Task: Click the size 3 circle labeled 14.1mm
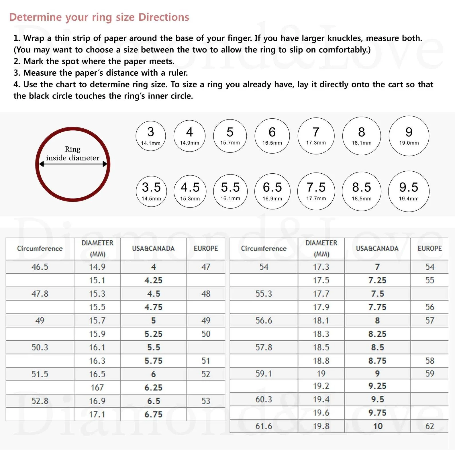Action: [x=151, y=136]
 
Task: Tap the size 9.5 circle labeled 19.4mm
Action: [x=409, y=191]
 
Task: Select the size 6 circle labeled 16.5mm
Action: [x=272, y=136]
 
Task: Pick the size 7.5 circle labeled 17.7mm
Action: [x=316, y=191]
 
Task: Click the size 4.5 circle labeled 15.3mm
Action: [x=190, y=191]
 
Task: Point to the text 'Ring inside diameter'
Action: [x=72, y=154]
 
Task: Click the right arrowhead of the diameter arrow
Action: [x=105, y=164]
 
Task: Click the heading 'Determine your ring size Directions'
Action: [x=99, y=17]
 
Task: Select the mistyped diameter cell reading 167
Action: [x=97, y=387]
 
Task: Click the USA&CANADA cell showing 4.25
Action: [x=153, y=280]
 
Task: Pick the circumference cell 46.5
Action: [x=40, y=267]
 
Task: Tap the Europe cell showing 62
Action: [x=429, y=426]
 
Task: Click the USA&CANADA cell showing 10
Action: [x=377, y=426]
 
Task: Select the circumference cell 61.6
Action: [x=264, y=426]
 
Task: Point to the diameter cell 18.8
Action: [x=321, y=361]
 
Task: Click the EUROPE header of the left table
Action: [x=206, y=248]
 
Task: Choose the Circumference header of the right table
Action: [x=264, y=248]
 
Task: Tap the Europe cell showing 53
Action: [x=206, y=401]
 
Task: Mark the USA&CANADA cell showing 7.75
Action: [x=377, y=307]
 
